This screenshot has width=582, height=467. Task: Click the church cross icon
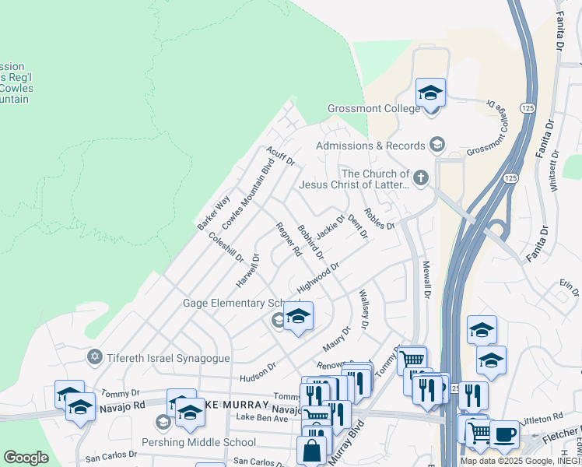click(421, 178)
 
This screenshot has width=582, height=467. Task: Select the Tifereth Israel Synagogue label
click(168, 356)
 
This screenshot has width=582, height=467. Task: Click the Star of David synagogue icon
click(95, 356)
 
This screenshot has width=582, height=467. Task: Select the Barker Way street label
click(213, 212)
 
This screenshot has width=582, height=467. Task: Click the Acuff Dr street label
click(280, 156)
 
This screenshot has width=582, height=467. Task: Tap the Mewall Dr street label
click(426, 280)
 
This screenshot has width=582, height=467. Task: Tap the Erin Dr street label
click(569, 287)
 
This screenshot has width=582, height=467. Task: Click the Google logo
click(26, 458)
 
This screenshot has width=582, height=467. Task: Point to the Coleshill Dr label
click(226, 245)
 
